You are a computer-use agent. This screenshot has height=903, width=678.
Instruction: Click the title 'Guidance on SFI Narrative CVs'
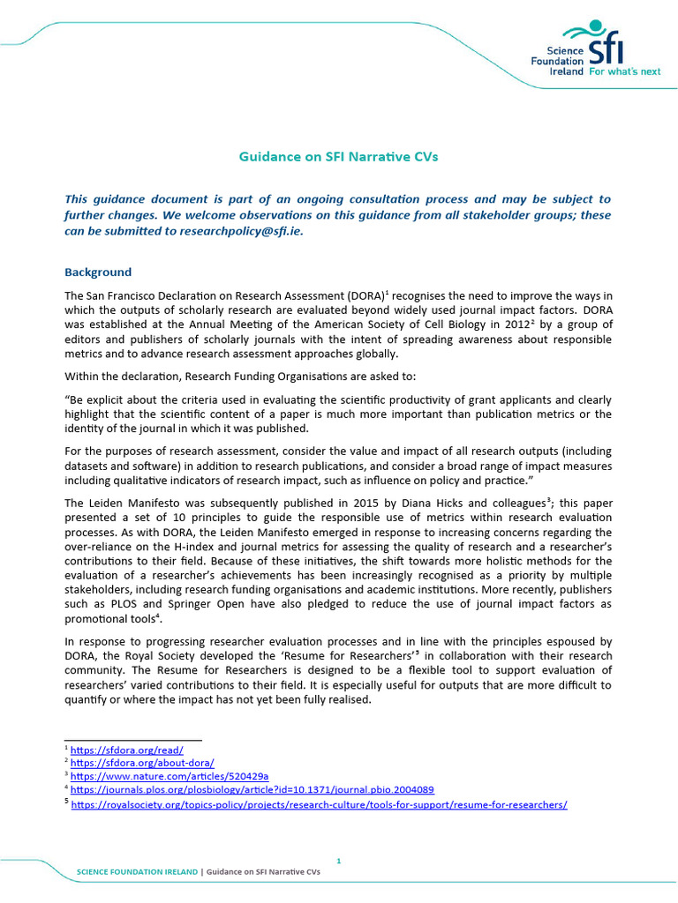tap(338, 157)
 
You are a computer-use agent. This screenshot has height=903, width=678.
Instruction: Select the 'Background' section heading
tap(98, 272)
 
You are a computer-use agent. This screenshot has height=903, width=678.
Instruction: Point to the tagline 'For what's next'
tap(624, 71)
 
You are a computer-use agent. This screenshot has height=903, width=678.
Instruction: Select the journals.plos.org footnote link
tap(252, 790)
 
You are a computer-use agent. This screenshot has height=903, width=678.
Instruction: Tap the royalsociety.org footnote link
tap(318, 804)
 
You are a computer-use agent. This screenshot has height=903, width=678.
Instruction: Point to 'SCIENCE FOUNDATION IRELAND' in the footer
tap(138, 871)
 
